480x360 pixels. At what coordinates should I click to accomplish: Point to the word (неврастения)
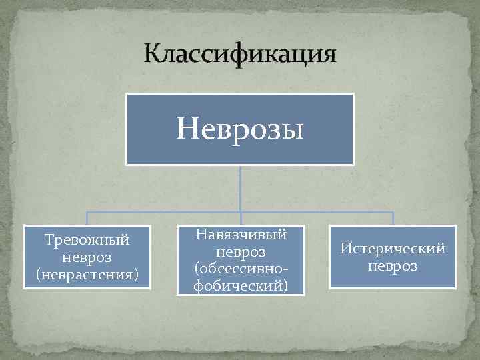pos(86,273)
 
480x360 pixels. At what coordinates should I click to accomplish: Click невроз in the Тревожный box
pos(86,257)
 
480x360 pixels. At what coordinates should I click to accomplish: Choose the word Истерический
pos(393,249)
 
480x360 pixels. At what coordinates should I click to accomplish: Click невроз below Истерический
pos(393,266)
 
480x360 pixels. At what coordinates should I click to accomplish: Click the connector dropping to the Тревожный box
pos(87,219)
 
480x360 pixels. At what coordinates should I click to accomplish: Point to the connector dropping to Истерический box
pos(393,219)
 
